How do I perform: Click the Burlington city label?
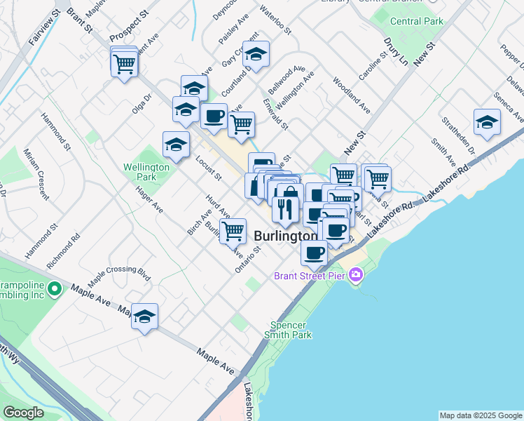pos(284,236)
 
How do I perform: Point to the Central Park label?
pos(417,22)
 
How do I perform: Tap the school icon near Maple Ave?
pos(145,317)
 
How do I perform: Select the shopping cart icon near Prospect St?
pos(125,64)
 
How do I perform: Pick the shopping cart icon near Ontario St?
pos(233,230)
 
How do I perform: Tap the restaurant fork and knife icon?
pos(285,208)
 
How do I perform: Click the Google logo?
pos(23,413)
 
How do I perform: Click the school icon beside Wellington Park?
pos(176,145)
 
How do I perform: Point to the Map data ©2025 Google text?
pos(481,415)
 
